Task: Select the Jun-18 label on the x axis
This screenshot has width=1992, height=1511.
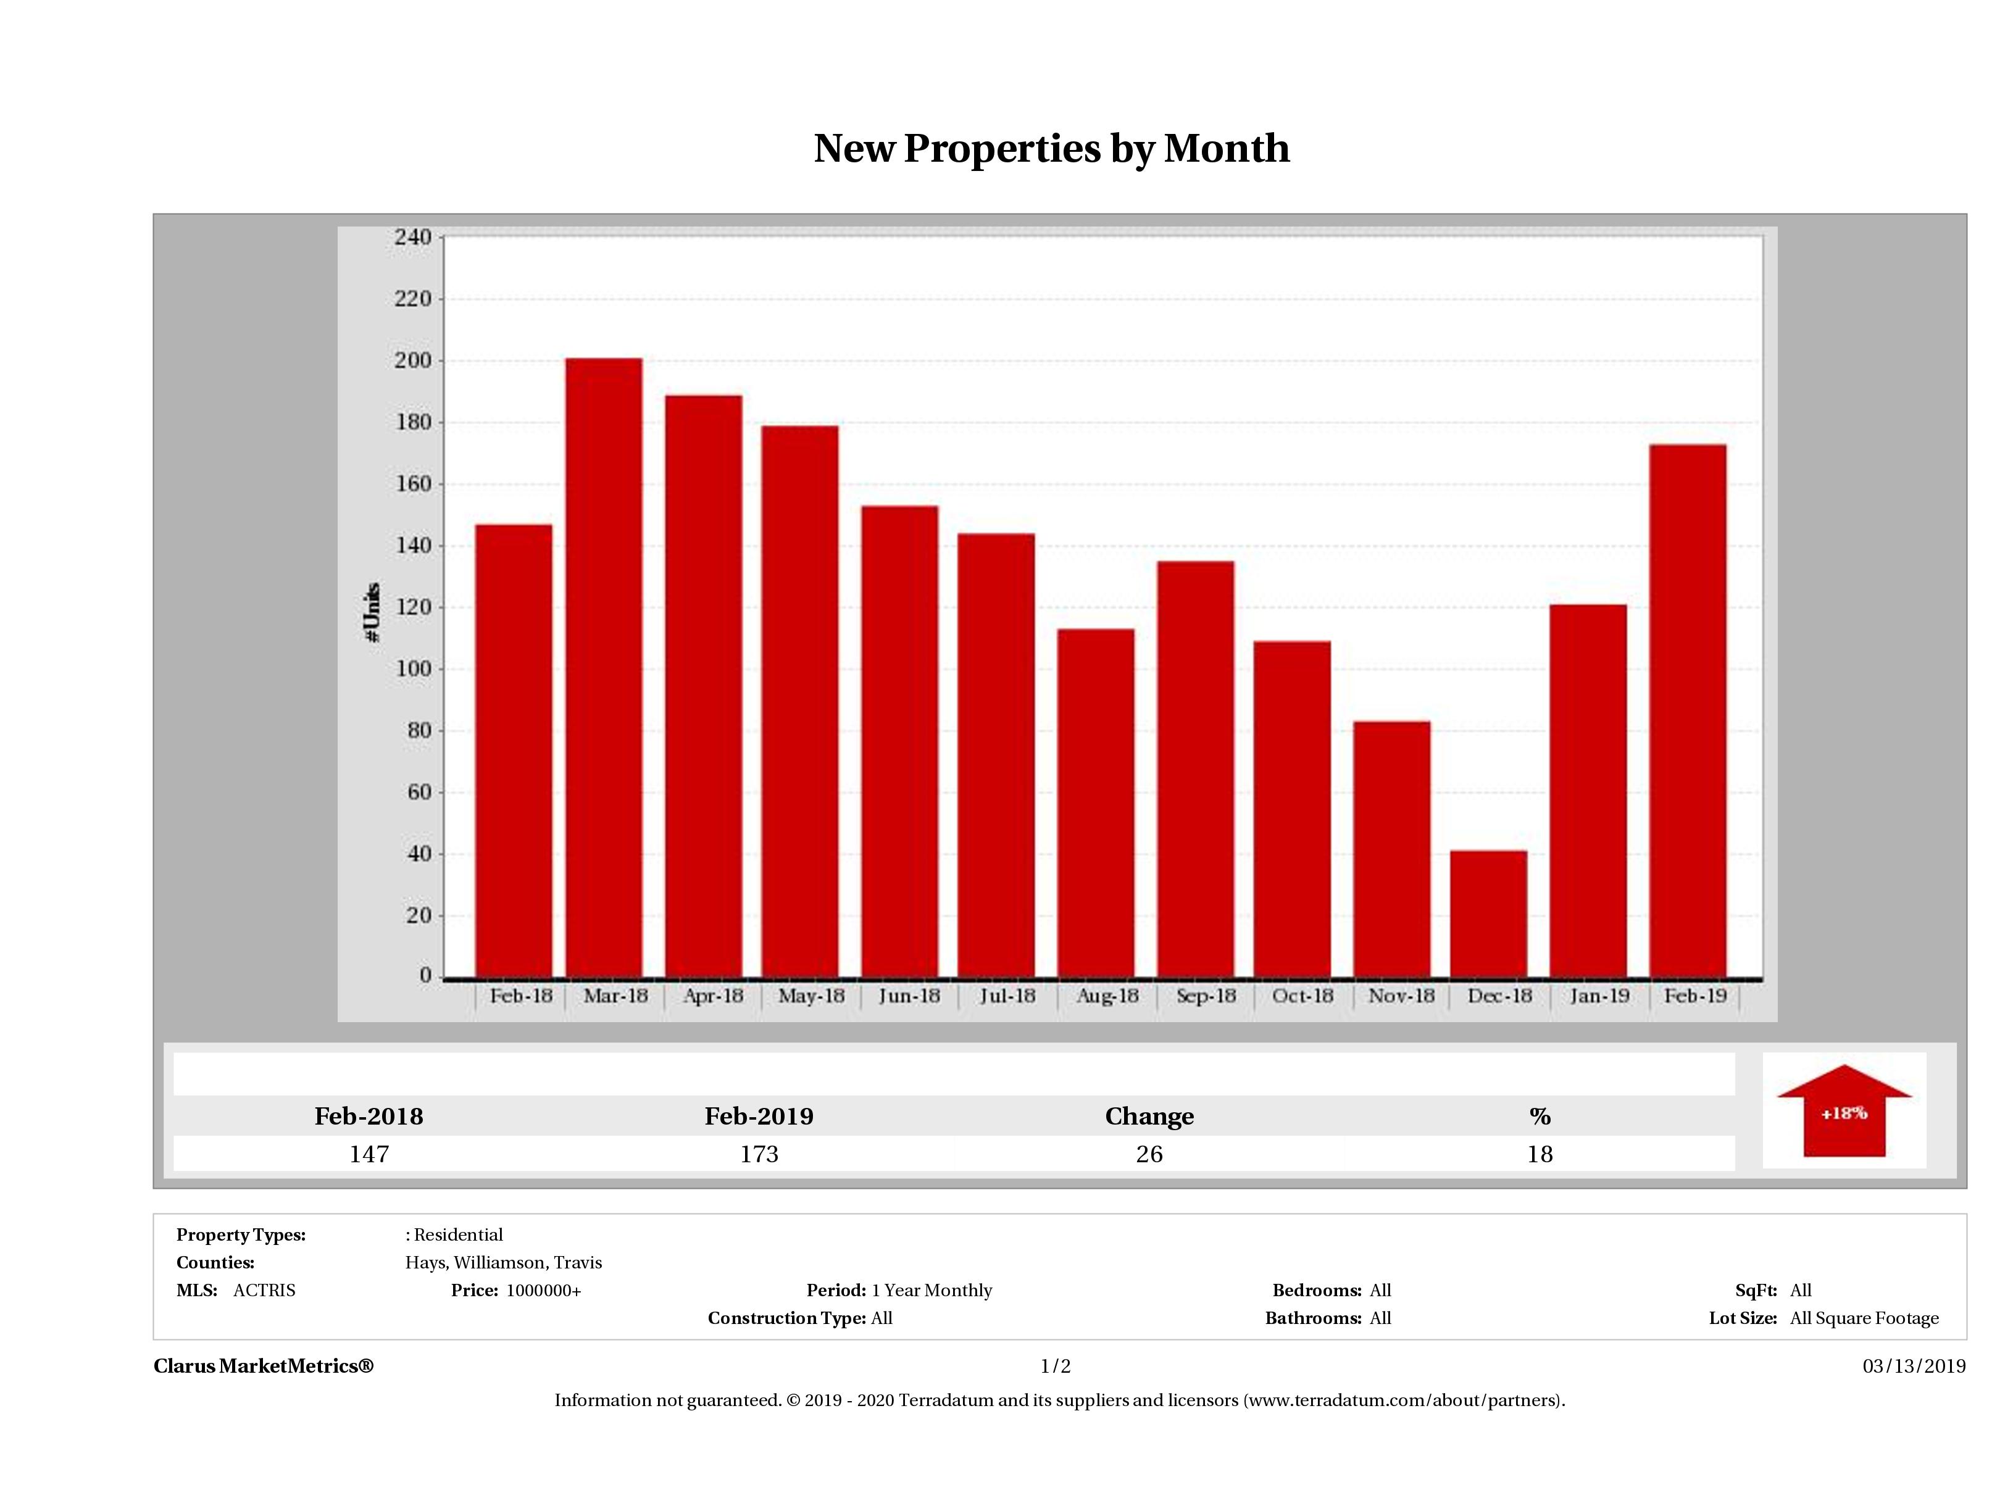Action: click(909, 996)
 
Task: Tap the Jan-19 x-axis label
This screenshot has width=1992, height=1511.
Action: click(1599, 996)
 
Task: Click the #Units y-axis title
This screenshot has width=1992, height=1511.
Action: click(372, 612)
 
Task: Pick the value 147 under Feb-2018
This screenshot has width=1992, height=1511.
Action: click(369, 1154)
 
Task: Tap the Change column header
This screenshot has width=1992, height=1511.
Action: click(1149, 1117)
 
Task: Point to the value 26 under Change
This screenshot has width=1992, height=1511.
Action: click(1149, 1154)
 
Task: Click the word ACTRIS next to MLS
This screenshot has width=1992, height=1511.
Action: click(264, 1291)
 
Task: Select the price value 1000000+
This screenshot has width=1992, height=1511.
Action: click(543, 1291)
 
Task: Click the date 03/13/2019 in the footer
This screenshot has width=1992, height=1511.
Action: click(1914, 1366)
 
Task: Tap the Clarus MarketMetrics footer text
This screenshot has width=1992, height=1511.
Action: click(263, 1366)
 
